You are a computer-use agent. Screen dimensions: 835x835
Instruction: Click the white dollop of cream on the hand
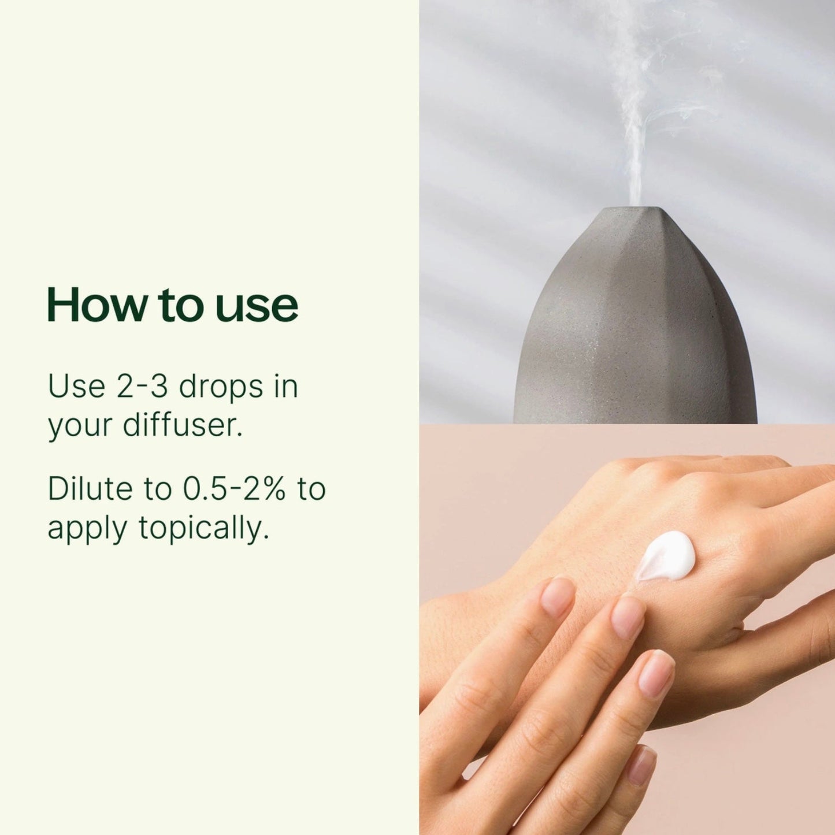[666, 555]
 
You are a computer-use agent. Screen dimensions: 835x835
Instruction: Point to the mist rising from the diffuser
[641, 108]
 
